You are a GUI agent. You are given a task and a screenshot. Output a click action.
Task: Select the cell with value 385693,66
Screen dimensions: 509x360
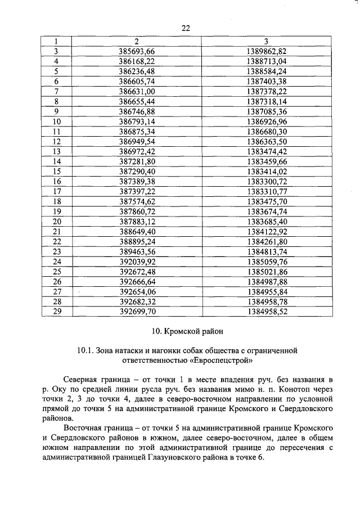click(137, 51)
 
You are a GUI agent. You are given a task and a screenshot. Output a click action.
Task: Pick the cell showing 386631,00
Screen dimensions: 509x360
click(137, 91)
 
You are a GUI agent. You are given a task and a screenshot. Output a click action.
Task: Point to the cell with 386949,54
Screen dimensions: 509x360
click(137, 142)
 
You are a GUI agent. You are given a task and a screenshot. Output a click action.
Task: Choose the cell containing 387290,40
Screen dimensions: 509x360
click(137, 172)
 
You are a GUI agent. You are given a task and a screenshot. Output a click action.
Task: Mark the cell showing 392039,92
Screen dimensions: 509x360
click(137, 262)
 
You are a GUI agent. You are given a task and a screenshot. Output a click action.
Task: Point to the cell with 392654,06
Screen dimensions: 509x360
click(137, 292)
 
